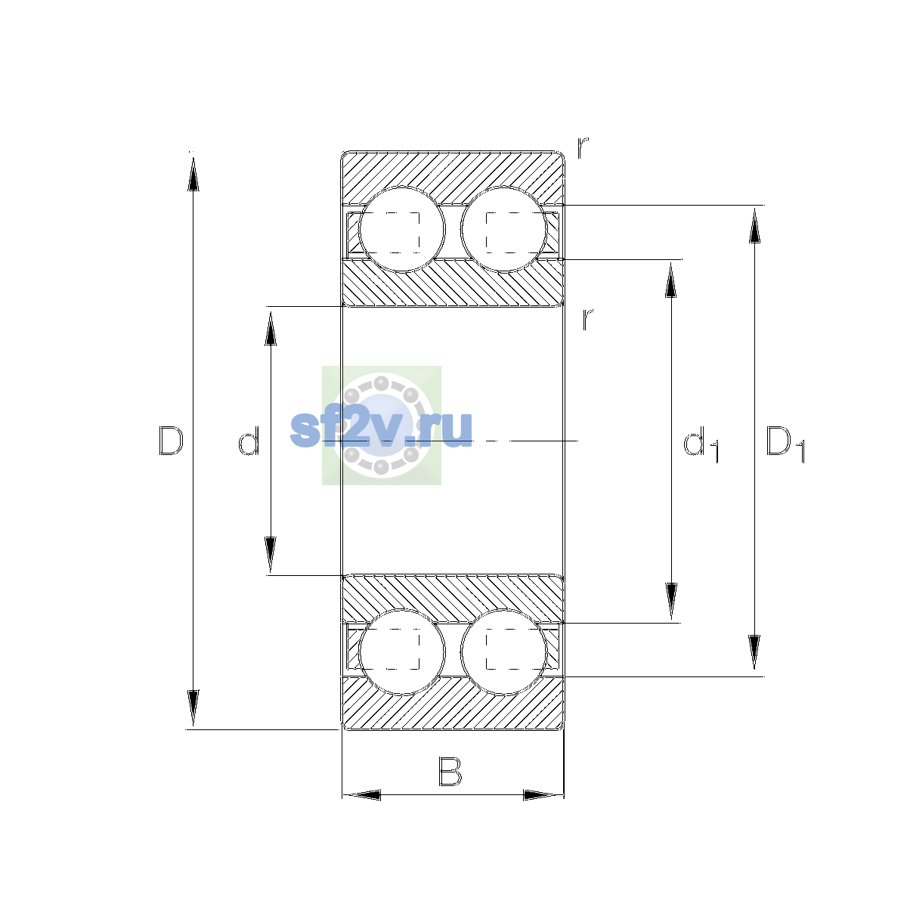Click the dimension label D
(171, 441)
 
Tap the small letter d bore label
(249, 441)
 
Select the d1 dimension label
(701, 444)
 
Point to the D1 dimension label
(785, 444)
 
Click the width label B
(450, 772)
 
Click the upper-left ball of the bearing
(401, 230)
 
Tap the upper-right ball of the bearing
(503, 230)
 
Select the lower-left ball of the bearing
(401, 652)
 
